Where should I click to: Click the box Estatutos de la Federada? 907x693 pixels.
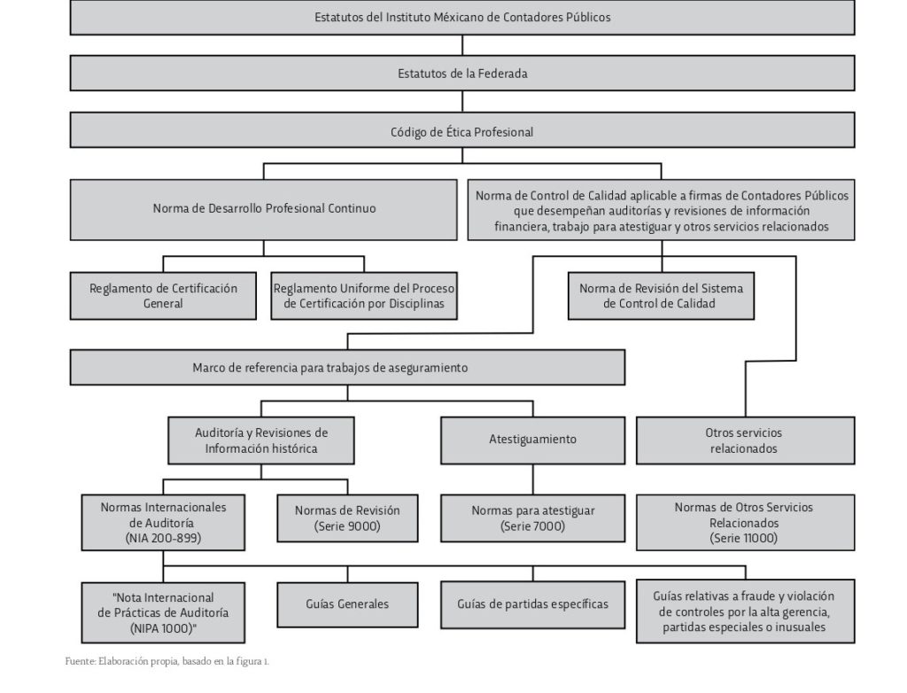click(x=462, y=73)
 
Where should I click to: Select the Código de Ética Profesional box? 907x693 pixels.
click(x=462, y=129)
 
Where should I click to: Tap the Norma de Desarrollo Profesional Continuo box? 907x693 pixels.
click(x=263, y=209)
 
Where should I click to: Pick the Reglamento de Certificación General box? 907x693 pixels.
click(x=163, y=296)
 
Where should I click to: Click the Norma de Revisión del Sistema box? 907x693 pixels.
click(x=661, y=296)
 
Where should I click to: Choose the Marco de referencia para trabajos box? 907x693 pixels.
click(x=347, y=367)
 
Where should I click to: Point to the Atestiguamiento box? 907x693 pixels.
click(x=532, y=440)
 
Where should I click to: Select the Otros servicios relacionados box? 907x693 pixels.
click(x=745, y=440)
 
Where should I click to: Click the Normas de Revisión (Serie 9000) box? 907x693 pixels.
click(x=347, y=518)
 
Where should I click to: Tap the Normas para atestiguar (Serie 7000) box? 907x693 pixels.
click(x=532, y=518)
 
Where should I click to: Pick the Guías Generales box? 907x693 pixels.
click(x=347, y=604)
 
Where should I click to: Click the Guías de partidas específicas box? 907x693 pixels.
click(x=532, y=604)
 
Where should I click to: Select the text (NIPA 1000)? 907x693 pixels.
click(x=163, y=628)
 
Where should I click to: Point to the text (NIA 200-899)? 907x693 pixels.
click(x=163, y=538)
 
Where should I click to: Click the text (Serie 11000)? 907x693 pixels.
click(x=744, y=538)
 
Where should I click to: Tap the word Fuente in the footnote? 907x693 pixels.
click(x=79, y=661)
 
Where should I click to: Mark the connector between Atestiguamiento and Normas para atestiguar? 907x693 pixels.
click(x=532, y=479)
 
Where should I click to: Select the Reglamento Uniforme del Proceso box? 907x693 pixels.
click(x=364, y=296)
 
